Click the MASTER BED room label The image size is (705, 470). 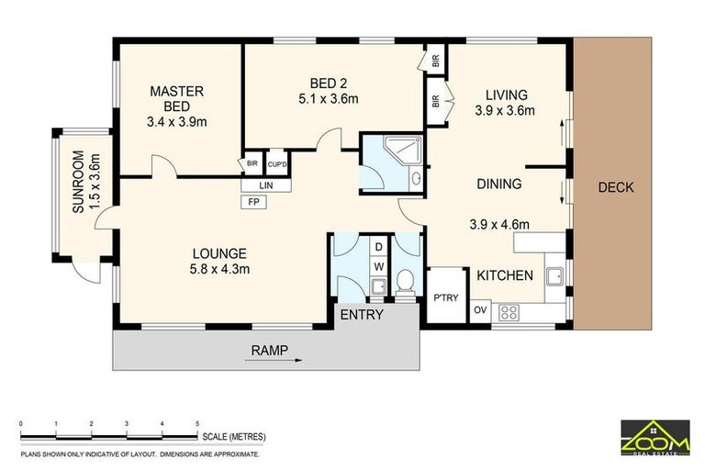176,99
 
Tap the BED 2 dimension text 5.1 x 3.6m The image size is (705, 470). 329,98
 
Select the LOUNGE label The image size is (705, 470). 219,253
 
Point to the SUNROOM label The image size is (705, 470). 78,182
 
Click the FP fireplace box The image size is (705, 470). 254,202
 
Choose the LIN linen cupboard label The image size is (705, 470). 265,185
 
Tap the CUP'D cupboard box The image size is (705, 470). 277,163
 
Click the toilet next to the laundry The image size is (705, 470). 406,282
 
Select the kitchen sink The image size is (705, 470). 555,276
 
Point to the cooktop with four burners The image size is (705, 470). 509,313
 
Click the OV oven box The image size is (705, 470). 480,310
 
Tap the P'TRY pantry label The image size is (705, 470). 445,297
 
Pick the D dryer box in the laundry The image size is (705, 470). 378,247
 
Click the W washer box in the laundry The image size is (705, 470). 378,267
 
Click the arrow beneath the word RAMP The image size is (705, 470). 274,360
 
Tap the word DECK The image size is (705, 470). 616,187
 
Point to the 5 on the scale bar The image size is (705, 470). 197,424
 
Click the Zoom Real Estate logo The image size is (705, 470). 655,437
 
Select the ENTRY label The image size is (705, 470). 362,315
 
